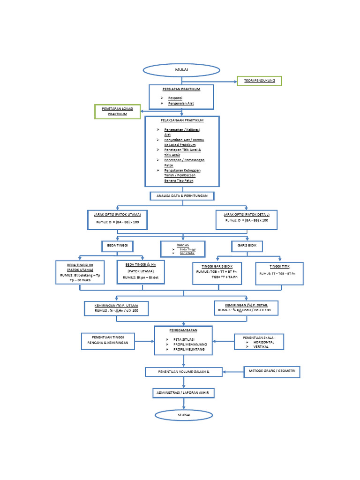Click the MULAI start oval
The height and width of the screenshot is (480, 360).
click(x=181, y=70)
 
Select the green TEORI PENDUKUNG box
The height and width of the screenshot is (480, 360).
click(x=259, y=81)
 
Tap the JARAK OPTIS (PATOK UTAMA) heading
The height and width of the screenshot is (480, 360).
click(x=117, y=214)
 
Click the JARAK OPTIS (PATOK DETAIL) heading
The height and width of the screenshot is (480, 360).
click(x=247, y=214)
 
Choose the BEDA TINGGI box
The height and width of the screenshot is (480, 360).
click(x=118, y=246)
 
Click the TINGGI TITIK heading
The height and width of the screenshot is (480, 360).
click(x=280, y=266)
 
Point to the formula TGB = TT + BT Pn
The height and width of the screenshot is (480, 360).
click(x=216, y=271)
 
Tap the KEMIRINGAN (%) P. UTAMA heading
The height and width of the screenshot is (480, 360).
click(x=116, y=305)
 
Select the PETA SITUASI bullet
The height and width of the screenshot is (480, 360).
click(x=184, y=339)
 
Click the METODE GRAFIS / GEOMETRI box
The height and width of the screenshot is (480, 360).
click(x=272, y=372)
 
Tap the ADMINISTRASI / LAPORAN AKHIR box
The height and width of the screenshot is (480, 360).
click(x=183, y=393)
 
